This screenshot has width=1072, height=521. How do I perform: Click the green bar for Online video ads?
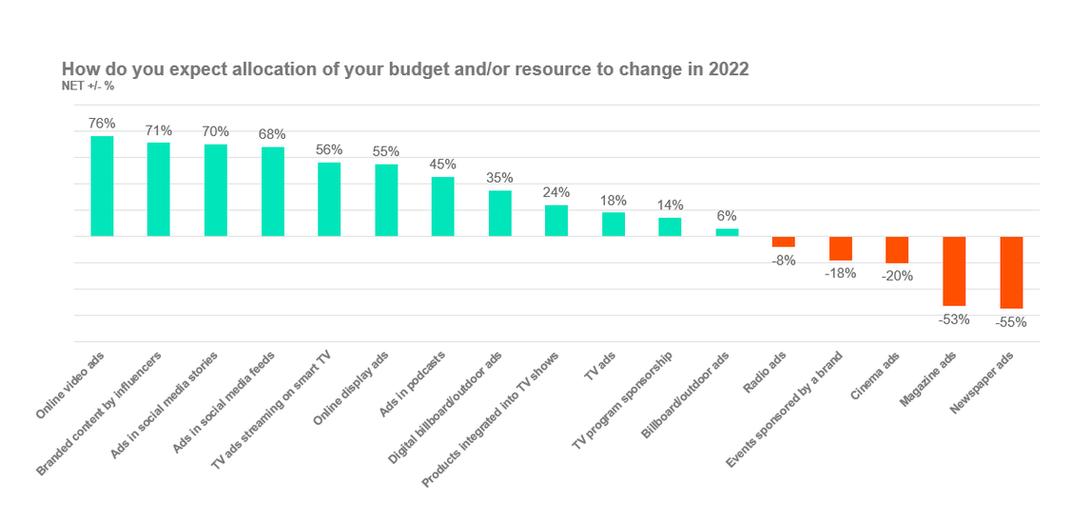click(102, 186)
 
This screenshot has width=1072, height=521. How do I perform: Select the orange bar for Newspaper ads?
click(1011, 273)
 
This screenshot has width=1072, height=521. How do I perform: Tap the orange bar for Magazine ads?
click(954, 272)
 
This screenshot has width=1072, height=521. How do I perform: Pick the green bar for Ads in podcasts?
click(442, 206)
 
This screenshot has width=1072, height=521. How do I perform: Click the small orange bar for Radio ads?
click(784, 241)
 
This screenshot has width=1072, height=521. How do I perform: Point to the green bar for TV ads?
click(614, 224)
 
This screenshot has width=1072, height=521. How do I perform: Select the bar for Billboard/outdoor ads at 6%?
click(727, 233)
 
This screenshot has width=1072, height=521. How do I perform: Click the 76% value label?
click(102, 124)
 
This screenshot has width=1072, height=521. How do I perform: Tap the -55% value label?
click(1011, 322)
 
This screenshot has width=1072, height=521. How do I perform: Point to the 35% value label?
click(499, 178)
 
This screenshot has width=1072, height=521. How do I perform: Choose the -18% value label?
click(840, 274)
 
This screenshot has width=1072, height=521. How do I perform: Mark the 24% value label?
click(555, 192)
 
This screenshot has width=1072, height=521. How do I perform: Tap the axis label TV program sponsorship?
click(624, 398)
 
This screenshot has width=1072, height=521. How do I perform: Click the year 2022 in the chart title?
click(728, 69)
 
